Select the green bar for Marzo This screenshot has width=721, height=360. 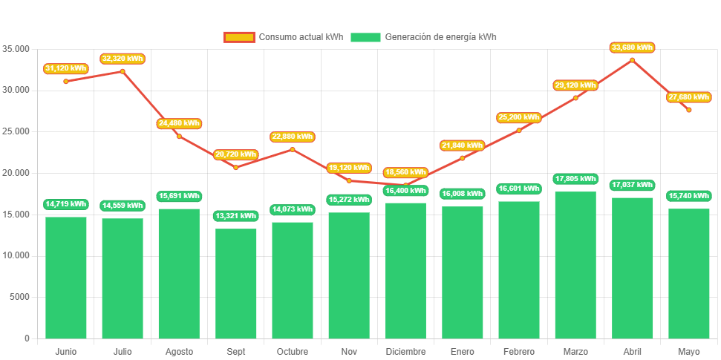(575, 265)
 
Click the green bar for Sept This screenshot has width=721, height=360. (235, 283)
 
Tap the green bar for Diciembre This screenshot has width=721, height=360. (405, 270)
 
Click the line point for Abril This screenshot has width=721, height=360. (633, 60)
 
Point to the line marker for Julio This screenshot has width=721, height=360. (123, 71)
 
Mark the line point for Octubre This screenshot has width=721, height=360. (292, 149)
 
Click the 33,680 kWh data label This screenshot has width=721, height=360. (633, 48)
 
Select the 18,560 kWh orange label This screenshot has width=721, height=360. (406, 172)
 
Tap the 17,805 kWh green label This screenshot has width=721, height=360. (575, 179)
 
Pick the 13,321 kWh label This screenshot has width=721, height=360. (235, 216)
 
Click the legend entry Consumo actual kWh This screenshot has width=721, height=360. (283, 37)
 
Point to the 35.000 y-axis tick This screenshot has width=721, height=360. (16, 49)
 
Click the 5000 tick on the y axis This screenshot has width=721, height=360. (19, 297)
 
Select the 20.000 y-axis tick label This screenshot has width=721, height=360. (16, 173)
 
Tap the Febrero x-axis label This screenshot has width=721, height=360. (518, 351)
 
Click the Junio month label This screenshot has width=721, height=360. (65, 351)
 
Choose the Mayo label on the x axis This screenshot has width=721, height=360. (688, 351)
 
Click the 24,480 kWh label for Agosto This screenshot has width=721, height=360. (179, 123)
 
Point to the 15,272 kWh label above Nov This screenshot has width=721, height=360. (349, 200)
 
